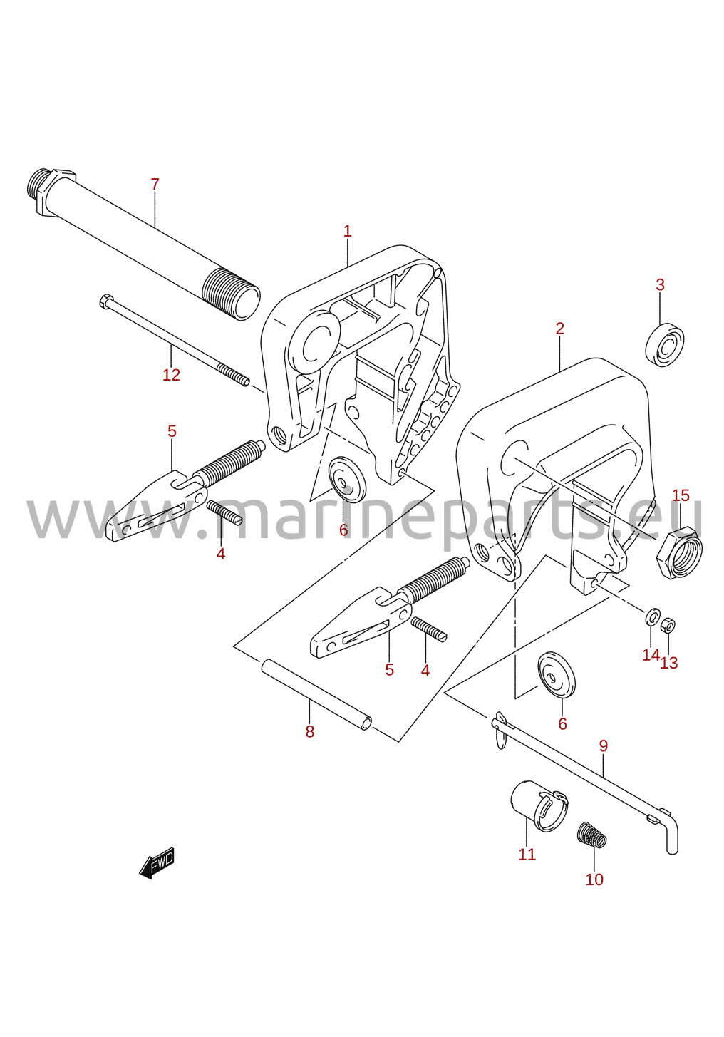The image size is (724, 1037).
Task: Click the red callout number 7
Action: (x=155, y=185)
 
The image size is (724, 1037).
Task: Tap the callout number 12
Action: (x=171, y=375)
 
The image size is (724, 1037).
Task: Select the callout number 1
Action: (x=347, y=231)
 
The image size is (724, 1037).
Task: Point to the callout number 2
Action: (x=559, y=329)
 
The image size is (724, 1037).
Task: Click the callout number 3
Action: (x=660, y=284)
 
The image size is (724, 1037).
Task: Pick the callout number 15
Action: (x=681, y=496)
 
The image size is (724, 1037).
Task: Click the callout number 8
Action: (x=310, y=732)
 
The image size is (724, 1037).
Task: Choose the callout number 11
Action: (x=527, y=855)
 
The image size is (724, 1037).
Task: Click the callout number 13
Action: (x=669, y=664)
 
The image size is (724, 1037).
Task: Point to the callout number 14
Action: (x=651, y=655)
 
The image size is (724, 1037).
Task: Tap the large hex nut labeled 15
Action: (x=678, y=552)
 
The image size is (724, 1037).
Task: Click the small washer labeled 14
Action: (x=653, y=616)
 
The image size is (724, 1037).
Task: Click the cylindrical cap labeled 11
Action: (x=539, y=806)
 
